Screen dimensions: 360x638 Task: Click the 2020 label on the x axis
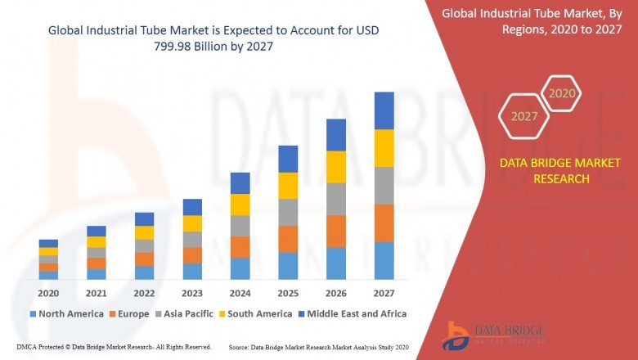pos(48,293)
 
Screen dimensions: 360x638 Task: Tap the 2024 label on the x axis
pos(240,293)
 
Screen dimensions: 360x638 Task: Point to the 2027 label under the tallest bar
pos(384,293)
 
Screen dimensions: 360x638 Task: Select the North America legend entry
pos(66,313)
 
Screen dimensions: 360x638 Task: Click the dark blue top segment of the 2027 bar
pos(384,110)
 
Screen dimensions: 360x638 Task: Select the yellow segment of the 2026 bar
pos(336,167)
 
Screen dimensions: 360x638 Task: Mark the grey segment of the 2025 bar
pos(288,212)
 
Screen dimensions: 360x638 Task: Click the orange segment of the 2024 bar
pos(240,247)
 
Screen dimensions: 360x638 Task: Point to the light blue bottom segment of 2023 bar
pos(192,271)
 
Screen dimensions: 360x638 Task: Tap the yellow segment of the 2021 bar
pos(97,241)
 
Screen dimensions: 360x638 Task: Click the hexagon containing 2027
pos(524,116)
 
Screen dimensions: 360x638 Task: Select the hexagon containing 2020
pos(562,93)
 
